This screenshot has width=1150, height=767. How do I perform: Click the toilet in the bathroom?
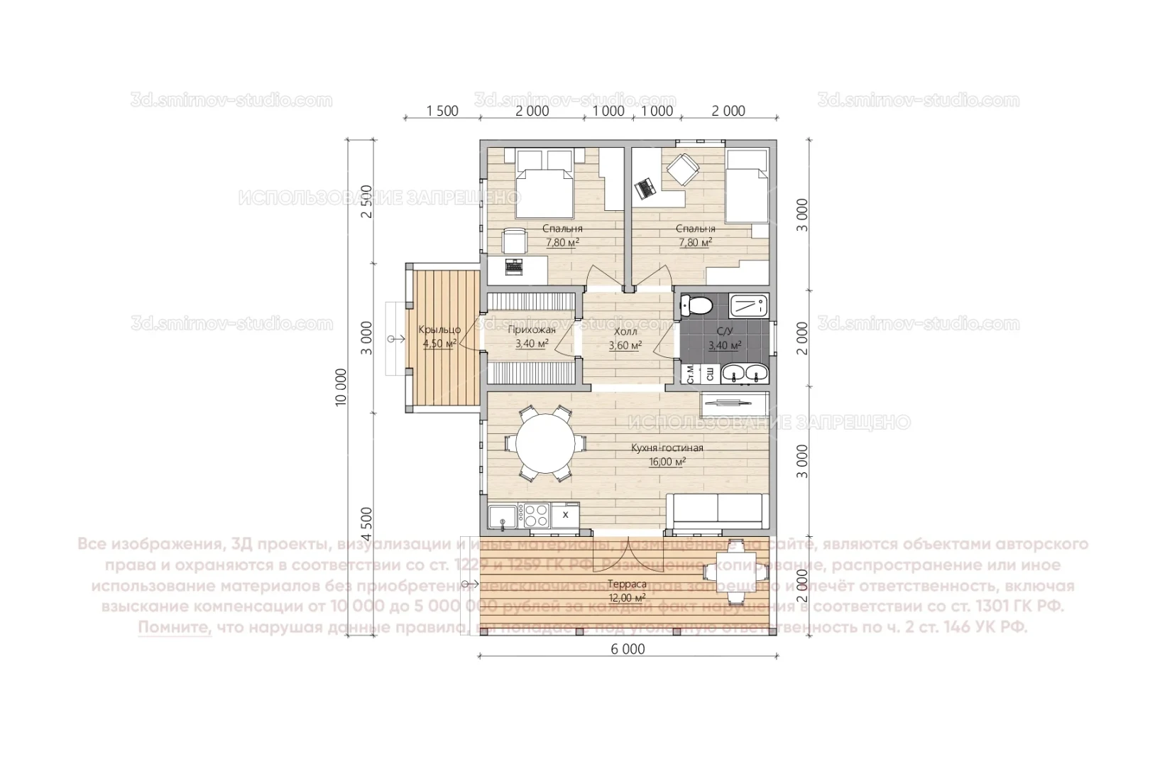click(x=697, y=306)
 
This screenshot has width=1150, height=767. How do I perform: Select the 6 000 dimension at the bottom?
click(x=628, y=649)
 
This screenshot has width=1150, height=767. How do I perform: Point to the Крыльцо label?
click(x=439, y=330)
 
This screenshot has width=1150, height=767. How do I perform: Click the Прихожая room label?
click(x=532, y=330)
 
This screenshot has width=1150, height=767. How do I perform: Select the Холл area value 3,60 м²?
click(x=625, y=346)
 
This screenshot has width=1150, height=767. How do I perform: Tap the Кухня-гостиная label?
click(x=667, y=448)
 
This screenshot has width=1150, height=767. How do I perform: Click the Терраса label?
click(x=627, y=584)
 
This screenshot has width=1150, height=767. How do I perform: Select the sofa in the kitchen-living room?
click(x=717, y=513)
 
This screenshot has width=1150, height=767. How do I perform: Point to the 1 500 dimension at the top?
click(x=442, y=111)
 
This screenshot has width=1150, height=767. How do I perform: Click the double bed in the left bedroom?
click(x=543, y=185)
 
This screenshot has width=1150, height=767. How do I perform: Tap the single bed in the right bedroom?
click(x=747, y=186)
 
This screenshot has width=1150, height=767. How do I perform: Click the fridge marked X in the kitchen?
click(x=565, y=513)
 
